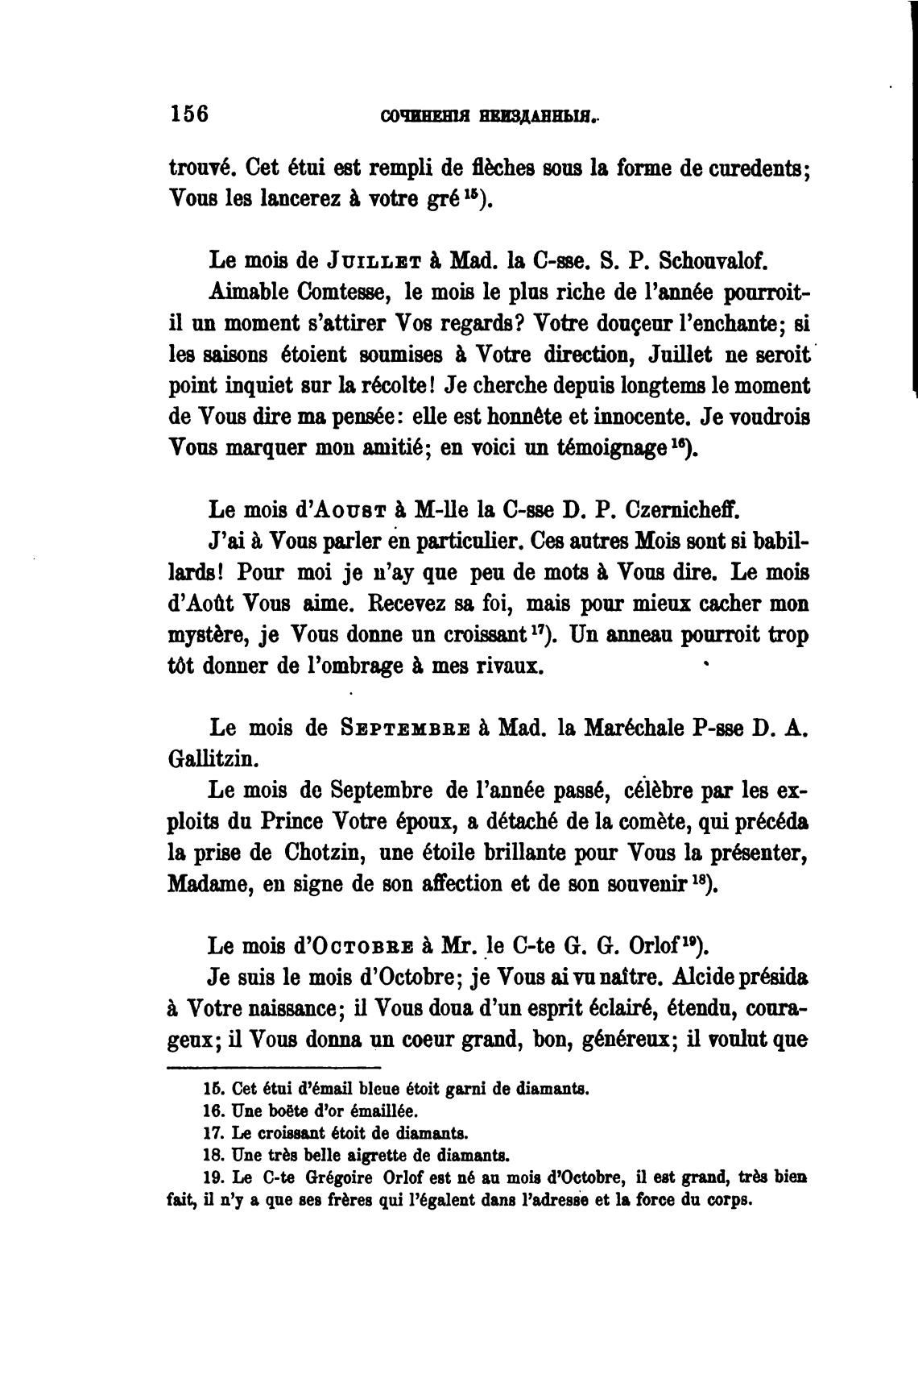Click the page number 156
(189, 113)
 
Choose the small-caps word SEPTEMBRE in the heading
(405, 729)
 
